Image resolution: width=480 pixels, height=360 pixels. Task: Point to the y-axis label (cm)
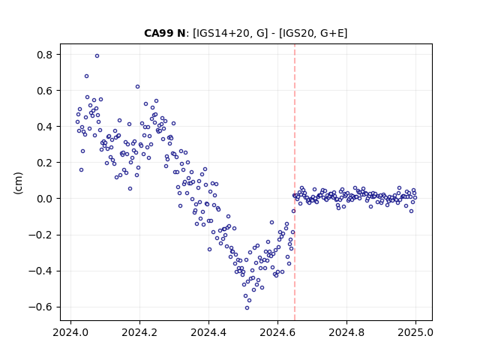(x=18, y=183)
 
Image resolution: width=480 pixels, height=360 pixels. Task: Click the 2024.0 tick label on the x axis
(x=70, y=332)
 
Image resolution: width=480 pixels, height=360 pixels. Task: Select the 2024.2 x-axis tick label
(x=139, y=332)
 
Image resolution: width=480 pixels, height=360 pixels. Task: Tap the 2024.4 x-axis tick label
(x=208, y=332)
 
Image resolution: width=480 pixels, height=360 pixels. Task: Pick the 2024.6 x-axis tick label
(x=277, y=332)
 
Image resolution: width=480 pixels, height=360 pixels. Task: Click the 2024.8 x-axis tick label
(x=346, y=332)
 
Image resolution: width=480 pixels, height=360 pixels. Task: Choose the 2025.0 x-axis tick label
(x=415, y=332)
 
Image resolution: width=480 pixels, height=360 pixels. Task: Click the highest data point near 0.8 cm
(x=97, y=55)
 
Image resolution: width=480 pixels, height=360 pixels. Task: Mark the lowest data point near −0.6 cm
(x=247, y=308)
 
